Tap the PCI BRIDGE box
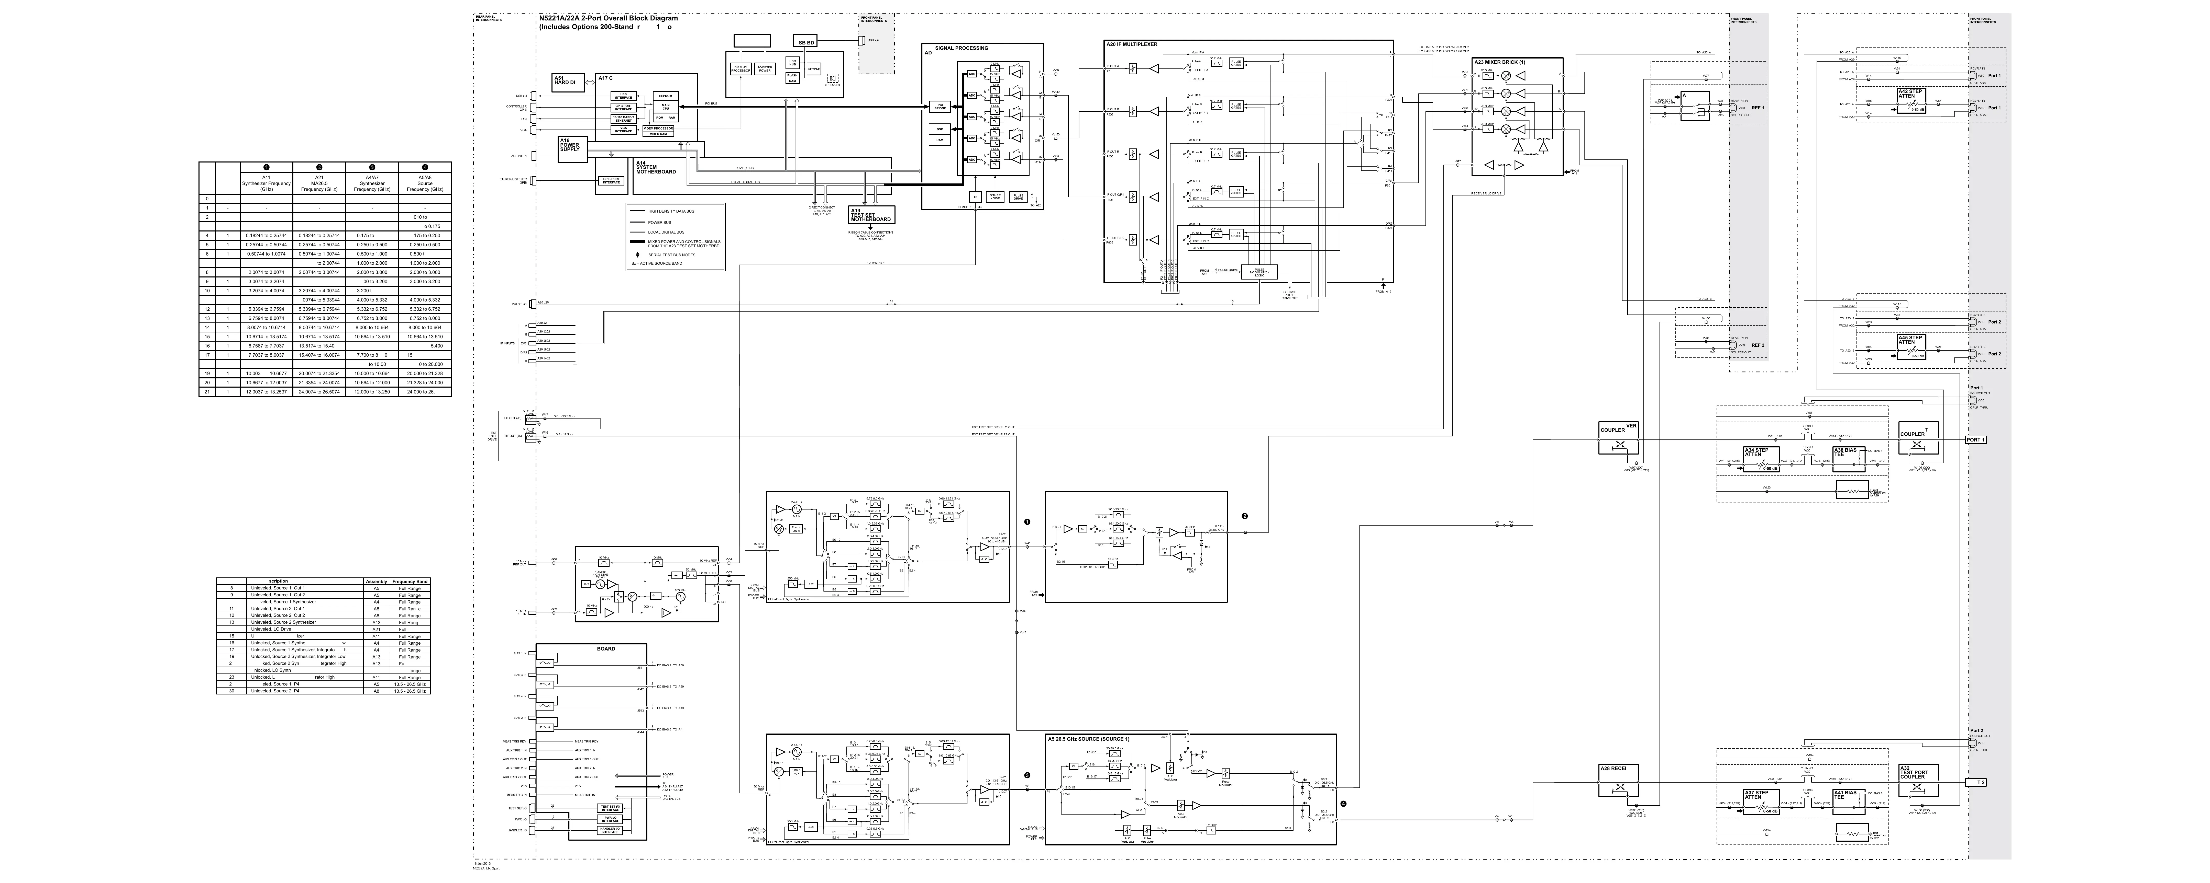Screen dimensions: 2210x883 pos(940,107)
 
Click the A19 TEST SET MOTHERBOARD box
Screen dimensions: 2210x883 pos(871,214)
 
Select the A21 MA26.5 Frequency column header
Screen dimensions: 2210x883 pos(319,183)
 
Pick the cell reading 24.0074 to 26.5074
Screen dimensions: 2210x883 pos(319,392)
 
